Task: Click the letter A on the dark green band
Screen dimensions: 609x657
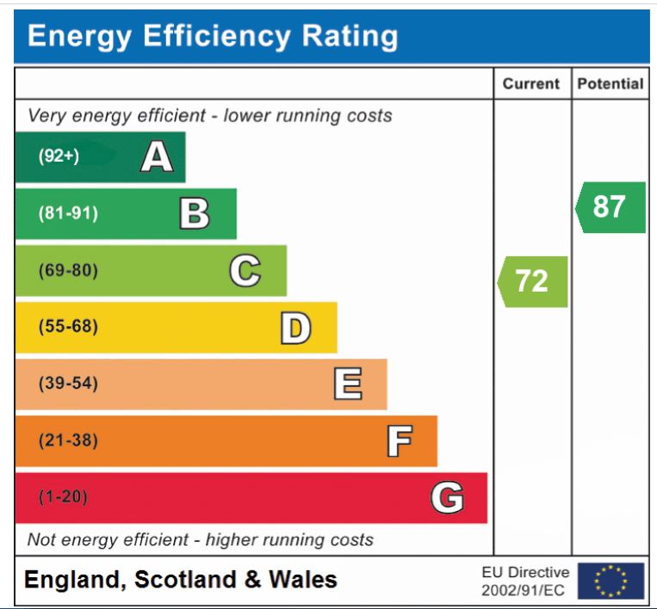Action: click(x=157, y=157)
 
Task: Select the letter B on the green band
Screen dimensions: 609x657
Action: click(x=195, y=213)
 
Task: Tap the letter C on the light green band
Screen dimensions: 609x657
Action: click(x=245, y=271)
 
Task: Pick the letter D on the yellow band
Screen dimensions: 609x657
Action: click(x=295, y=328)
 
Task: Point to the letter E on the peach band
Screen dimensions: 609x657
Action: click(x=347, y=384)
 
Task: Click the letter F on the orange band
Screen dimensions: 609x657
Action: click(x=398, y=441)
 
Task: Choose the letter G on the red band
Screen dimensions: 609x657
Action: click(x=447, y=497)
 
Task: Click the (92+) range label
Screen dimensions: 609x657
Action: click(x=59, y=157)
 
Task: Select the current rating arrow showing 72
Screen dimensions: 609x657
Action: click(x=532, y=281)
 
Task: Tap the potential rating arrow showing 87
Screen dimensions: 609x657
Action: click(x=610, y=207)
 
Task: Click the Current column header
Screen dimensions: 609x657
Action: click(x=531, y=84)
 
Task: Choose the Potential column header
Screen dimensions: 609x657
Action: click(x=610, y=84)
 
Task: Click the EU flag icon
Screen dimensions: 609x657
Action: click(x=611, y=581)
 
